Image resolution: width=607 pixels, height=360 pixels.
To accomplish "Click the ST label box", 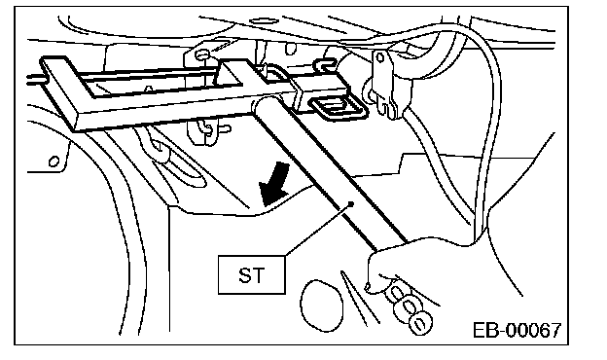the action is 252,274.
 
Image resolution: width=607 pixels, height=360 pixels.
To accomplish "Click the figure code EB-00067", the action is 518,331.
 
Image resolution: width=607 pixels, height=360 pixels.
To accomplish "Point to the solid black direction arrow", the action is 274,184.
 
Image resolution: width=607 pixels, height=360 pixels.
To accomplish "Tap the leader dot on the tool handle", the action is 351,202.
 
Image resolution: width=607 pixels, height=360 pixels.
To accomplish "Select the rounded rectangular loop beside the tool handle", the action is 337,108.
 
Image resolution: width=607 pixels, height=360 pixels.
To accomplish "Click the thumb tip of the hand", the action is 369,287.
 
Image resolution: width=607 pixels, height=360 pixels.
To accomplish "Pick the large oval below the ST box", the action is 322,306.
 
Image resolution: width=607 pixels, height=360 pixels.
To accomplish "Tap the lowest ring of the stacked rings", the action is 421,323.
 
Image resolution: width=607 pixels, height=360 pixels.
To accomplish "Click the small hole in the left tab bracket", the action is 54,161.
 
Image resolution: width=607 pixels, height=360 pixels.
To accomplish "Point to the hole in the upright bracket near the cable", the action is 380,57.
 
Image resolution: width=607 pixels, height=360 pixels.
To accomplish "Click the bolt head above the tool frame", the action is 201,54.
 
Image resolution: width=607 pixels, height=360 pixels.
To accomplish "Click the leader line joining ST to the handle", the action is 318,230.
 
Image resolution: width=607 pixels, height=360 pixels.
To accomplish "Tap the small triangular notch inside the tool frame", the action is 148,90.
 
